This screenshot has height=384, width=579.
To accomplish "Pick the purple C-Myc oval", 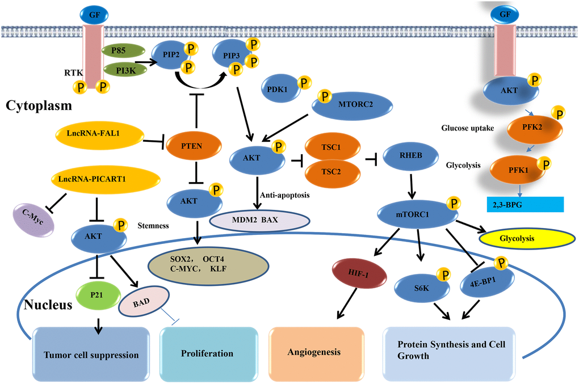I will [x=35, y=218].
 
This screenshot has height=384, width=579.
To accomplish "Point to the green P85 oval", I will [x=119, y=50].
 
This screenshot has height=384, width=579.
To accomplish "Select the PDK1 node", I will [x=278, y=88].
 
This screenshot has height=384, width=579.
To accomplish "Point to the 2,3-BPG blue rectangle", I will [x=525, y=204].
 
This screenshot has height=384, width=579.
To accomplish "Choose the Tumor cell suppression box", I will [x=91, y=355].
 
